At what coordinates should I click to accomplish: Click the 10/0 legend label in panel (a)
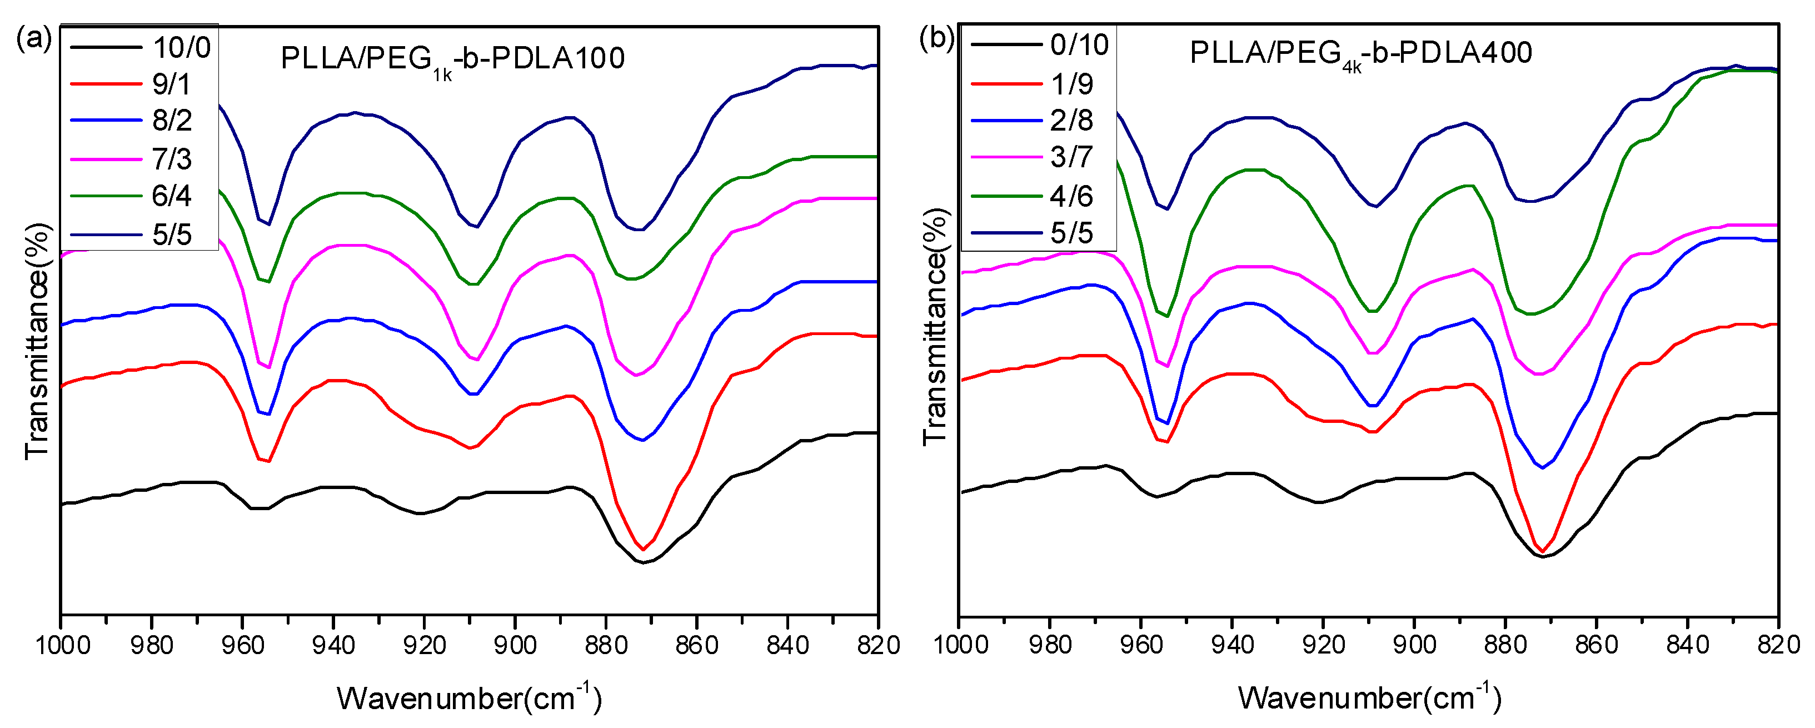click(182, 48)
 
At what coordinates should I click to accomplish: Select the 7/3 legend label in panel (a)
click(171, 159)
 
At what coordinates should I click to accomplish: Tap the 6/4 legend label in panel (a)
click(171, 196)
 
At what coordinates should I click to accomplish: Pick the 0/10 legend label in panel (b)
click(1079, 45)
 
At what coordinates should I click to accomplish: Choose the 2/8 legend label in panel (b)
click(1071, 121)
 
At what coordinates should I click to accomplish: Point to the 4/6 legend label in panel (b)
click(1071, 196)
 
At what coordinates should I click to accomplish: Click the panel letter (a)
click(34, 39)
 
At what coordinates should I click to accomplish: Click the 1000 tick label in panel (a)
click(61, 645)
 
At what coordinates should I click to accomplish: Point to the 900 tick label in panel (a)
click(515, 645)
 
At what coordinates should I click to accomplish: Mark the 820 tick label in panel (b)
click(1778, 645)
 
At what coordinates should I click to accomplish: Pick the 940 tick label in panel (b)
click(1231, 645)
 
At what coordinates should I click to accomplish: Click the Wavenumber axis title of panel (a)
click(469, 697)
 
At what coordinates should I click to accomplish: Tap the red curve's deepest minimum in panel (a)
click(642, 549)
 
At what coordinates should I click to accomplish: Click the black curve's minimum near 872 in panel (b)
click(1542, 557)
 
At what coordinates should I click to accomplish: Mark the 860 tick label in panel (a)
click(697, 645)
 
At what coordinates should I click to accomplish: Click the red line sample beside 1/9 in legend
click(1006, 84)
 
